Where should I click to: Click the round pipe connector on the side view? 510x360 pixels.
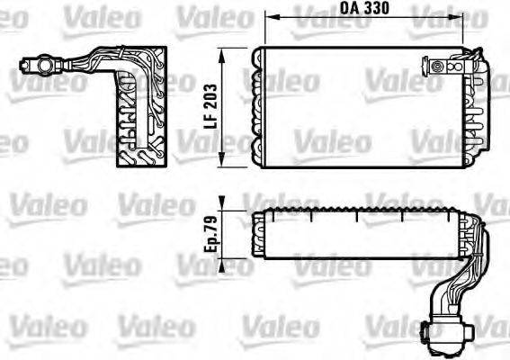tap(40, 65)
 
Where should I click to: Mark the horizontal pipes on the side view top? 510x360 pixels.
tap(85, 63)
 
